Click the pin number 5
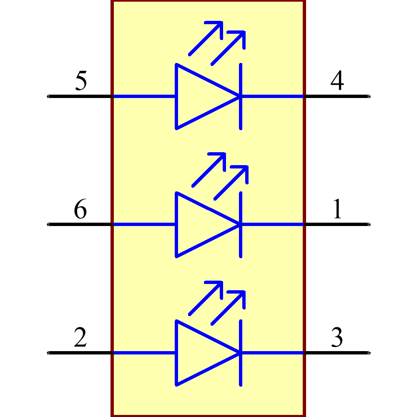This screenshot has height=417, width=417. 81,81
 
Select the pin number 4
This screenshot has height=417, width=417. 337,81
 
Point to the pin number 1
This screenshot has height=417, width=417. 337,209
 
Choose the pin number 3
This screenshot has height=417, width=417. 337,338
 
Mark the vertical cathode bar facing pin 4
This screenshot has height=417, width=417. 241,96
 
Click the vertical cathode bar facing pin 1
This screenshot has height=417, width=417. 241,224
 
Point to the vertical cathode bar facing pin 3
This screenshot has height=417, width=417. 241,353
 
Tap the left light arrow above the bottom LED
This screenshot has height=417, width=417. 206,298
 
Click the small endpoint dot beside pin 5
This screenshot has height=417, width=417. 48,96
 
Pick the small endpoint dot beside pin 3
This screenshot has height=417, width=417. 369,353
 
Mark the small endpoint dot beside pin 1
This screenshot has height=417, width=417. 369,224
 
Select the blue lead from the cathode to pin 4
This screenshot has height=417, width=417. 273,96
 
